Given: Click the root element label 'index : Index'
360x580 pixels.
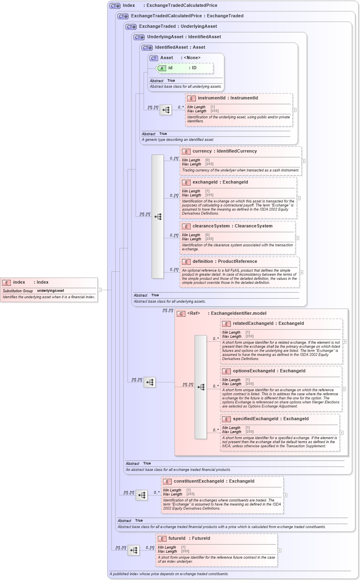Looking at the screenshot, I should pos(31,282).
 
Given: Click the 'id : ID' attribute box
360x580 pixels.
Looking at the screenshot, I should pos(185,68).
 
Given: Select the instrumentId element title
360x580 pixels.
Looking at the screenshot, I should pos(228,98).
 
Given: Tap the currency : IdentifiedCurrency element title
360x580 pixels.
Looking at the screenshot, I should pos(224,151).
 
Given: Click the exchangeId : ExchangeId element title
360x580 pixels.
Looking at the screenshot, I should pos(220,182).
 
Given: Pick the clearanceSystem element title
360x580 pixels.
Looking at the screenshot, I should pos(232,226).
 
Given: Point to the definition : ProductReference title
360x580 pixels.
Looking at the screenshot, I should pos(224,262).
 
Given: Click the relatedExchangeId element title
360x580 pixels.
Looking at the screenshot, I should pos(268,324).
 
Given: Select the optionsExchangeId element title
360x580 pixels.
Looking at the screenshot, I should pos(269,371).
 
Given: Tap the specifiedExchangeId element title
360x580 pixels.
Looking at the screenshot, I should pos(271,419).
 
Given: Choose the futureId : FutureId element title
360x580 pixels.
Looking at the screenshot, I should pos(189,539).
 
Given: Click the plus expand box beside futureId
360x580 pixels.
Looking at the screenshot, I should pos(279,550).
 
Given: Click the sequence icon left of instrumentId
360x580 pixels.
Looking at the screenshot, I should pos(166,110).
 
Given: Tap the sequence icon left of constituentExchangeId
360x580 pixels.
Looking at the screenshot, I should pos(142,495).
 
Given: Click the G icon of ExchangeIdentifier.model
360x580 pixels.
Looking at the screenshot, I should pos(181,314).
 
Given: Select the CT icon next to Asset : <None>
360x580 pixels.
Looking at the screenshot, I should pos(154,58).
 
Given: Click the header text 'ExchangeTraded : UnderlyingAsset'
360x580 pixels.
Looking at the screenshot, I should pos(178,27).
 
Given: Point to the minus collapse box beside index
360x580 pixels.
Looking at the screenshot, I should pos(99,289).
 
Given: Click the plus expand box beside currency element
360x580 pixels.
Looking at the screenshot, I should pos(303,161).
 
